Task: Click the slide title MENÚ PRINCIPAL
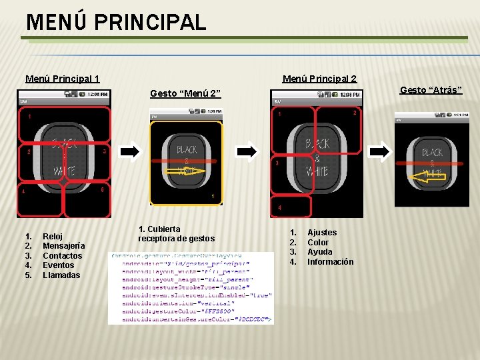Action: point(116,22)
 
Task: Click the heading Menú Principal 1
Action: point(63,79)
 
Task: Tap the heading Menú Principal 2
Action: point(319,79)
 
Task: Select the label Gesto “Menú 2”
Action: point(185,93)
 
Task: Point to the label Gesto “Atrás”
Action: point(431,90)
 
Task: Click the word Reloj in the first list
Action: point(53,236)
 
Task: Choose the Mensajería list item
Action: point(63,246)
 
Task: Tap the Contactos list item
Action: point(62,256)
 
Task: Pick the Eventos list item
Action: point(58,265)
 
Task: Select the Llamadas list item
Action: point(61,275)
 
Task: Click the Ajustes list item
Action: point(322,233)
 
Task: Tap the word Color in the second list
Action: point(318,243)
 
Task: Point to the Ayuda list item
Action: point(319,252)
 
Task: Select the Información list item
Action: point(330,262)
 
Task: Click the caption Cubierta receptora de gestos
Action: point(175,234)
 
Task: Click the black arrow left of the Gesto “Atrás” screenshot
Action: point(378,151)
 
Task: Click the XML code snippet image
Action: point(191,288)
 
